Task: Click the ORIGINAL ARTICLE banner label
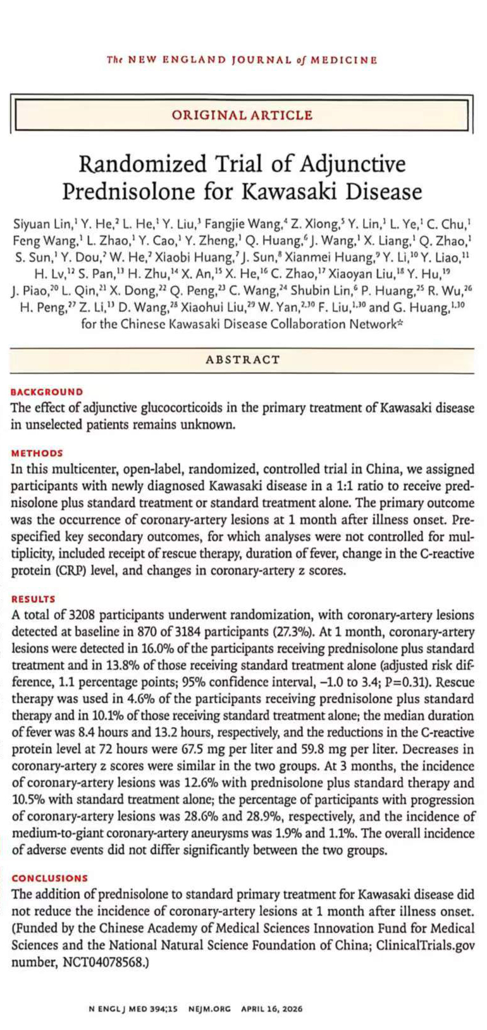(x=242, y=115)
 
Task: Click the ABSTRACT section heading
(x=242, y=359)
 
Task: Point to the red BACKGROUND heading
(x=47, y=392)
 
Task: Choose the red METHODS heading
(x=37, y=453)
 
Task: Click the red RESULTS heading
(x=34, y=599)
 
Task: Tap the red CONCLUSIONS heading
(x=49, y=878)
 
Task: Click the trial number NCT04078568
(x=96, y=962)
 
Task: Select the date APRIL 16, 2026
(x=272, y=1008)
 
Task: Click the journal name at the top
(x=242, y=60)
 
